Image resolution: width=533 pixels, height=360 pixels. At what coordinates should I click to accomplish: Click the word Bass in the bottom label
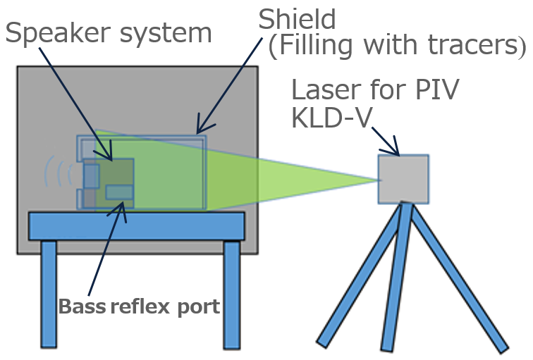pos(82,307)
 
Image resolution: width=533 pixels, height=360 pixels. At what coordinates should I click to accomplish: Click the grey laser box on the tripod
pos(403,179)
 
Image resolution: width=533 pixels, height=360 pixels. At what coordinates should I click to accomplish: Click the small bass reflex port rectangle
pos(119,192)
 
